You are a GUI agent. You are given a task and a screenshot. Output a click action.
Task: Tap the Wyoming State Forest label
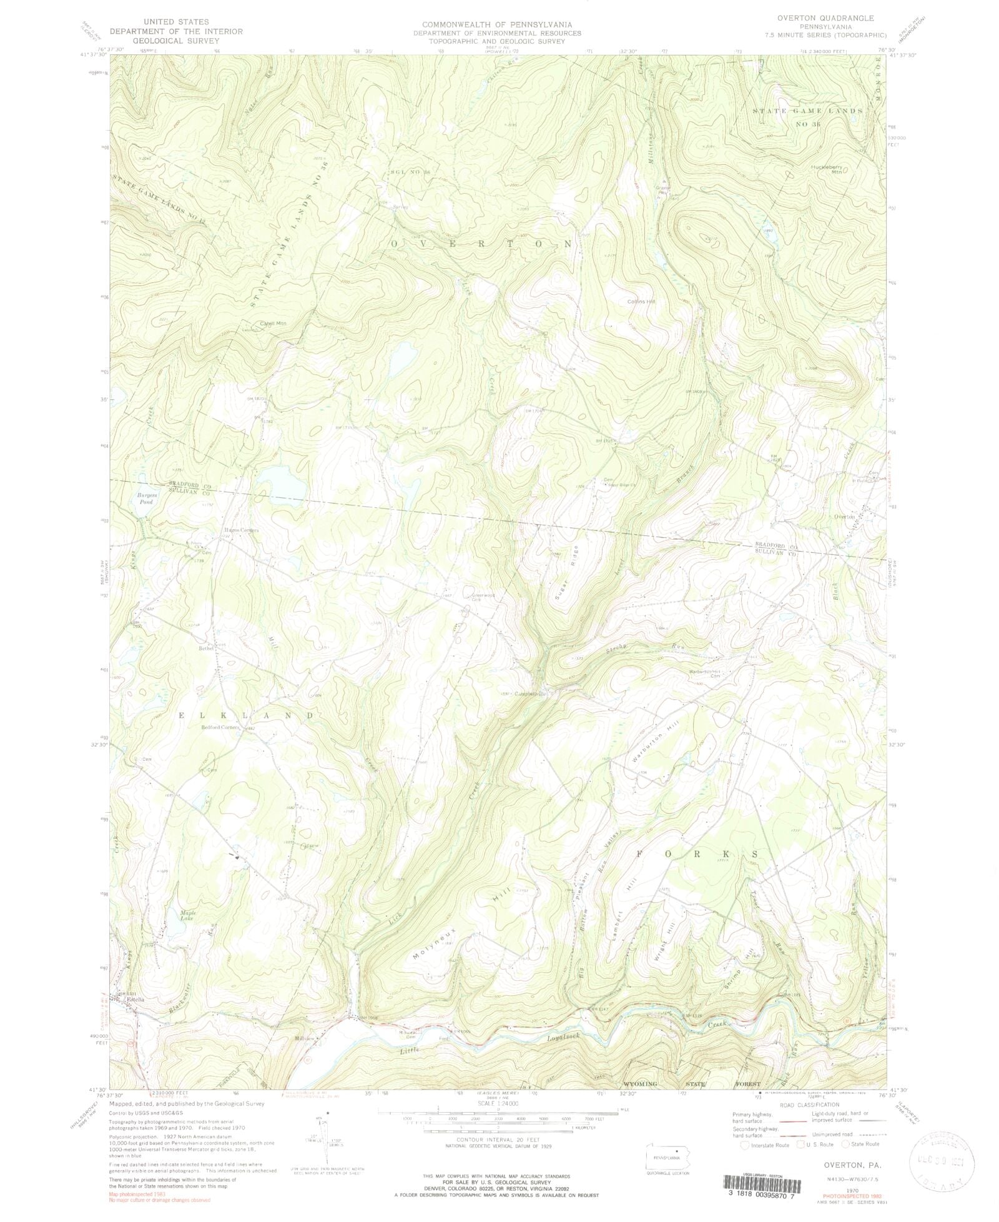coord(692,1083)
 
